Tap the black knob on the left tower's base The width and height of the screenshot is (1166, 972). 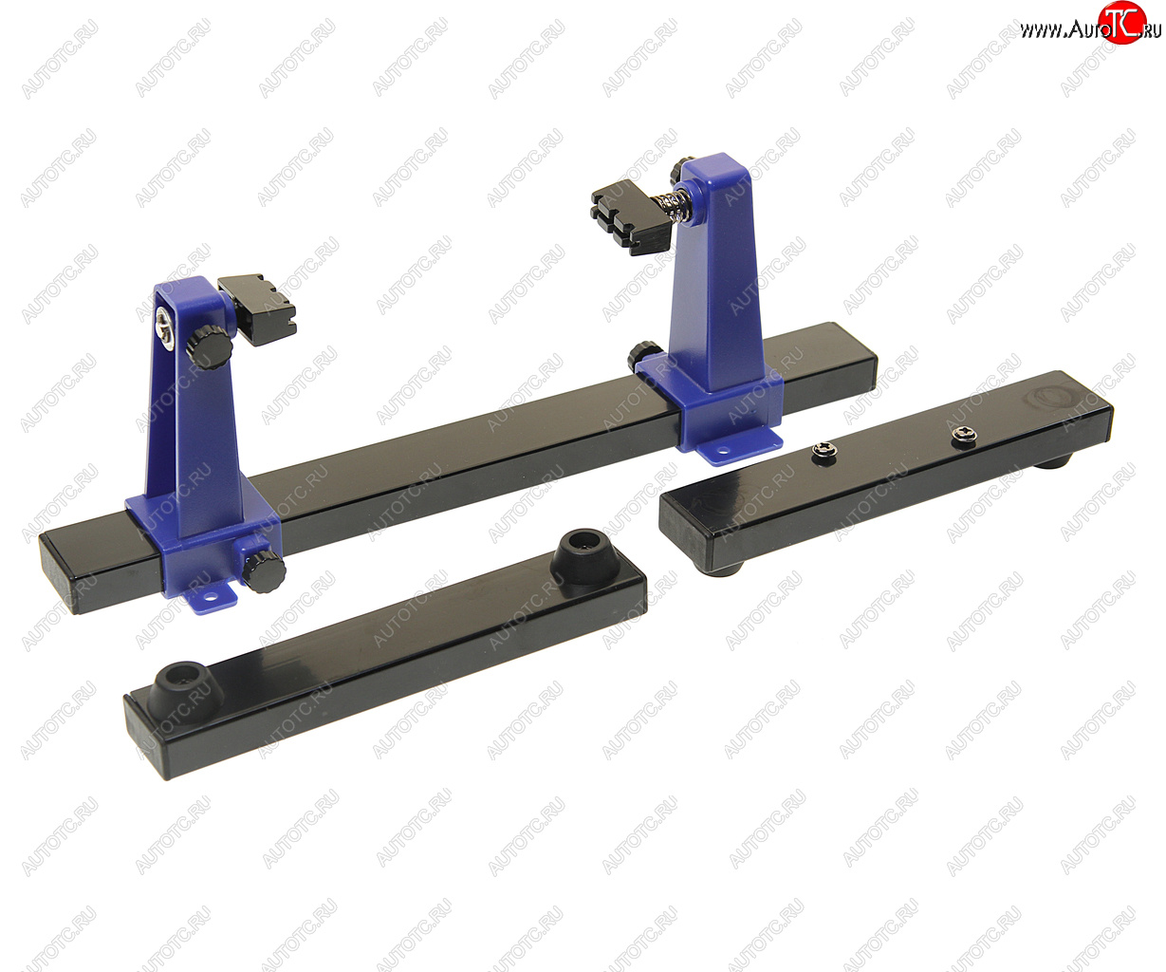click(264, 570)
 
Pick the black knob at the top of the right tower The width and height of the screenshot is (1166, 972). click(682, 168)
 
